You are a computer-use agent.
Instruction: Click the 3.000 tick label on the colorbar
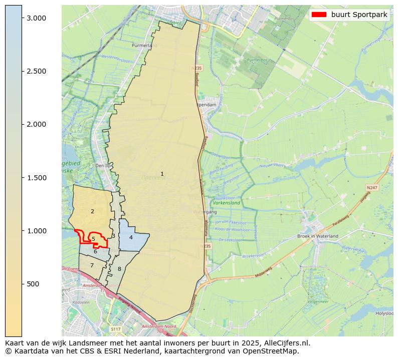[x=36, y=18]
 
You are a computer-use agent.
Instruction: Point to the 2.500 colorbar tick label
[x=36, y=71]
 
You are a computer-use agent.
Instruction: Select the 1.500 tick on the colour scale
[x=36, y=178]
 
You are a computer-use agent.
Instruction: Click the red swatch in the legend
[x=319, y=15]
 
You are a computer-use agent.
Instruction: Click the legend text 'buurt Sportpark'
[x=359, y=15]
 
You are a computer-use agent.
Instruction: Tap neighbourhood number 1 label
[x=162, y=174]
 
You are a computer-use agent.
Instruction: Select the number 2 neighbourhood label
[x=92, y=211]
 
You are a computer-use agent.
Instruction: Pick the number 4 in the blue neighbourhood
[x=131, y=237]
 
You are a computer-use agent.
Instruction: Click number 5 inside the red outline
[x=93, y=239]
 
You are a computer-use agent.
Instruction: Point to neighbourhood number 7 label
[x=92, y=265]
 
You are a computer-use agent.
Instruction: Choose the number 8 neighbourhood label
[x=119, y=269]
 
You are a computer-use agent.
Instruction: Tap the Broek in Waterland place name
[x=318, y=236]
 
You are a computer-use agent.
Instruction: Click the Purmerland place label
[x=144, y=45]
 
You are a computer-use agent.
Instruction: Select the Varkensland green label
[x=227, y=203]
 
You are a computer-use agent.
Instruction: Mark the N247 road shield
[x=371, y=188]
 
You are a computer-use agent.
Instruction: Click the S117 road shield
[x=116, y=329]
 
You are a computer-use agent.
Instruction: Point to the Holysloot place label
[x=384, y=313]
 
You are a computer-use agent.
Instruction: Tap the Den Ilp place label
[x=102, y=165]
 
